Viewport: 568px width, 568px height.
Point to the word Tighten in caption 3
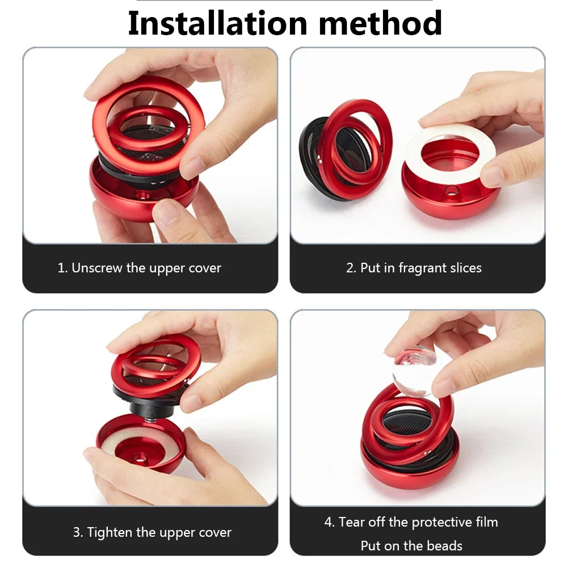pyautogui.click(x=110, y=532)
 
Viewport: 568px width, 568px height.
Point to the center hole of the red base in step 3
pyautogui.click(x=139, y=458)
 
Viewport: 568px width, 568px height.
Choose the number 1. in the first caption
pyautogui.click(x=62, y=268)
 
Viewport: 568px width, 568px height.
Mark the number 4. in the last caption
pyautogui.click(x=329, y=523)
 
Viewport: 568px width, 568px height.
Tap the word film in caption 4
pyautogui.click(x=487, y=523)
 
